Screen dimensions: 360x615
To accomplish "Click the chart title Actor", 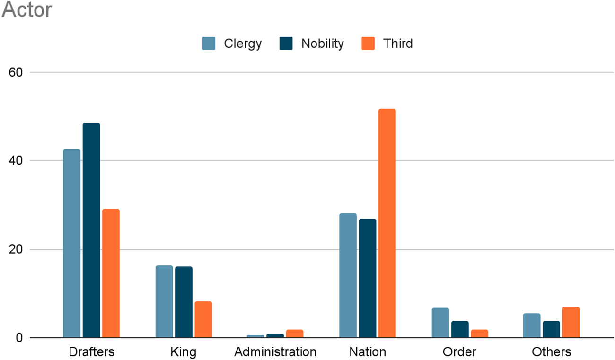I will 26,10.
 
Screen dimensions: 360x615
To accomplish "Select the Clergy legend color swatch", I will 209,44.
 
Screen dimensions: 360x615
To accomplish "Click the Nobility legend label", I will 322,44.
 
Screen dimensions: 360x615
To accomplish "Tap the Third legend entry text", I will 398,44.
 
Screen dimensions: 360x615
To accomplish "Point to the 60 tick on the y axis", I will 16,72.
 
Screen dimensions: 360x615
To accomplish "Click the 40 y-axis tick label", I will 16,161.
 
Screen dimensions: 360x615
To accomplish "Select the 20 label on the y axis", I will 16,249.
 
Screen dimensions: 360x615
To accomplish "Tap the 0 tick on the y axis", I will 19,338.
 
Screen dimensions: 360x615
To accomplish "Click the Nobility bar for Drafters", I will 91,230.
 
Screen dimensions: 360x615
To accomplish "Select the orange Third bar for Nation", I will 387,223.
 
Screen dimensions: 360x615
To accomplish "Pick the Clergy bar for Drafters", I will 72,243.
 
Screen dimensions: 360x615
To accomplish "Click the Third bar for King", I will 203,319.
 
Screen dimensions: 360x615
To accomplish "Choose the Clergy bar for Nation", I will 348,275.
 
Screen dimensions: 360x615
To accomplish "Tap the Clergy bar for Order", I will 440,323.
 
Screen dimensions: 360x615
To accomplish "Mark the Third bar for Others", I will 571,322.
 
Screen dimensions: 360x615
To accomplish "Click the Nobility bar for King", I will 184,302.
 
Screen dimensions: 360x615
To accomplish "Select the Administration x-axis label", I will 275,352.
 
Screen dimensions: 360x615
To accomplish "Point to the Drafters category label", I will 91,352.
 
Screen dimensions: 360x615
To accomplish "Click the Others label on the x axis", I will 551,352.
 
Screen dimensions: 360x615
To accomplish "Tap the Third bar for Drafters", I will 111,273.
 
